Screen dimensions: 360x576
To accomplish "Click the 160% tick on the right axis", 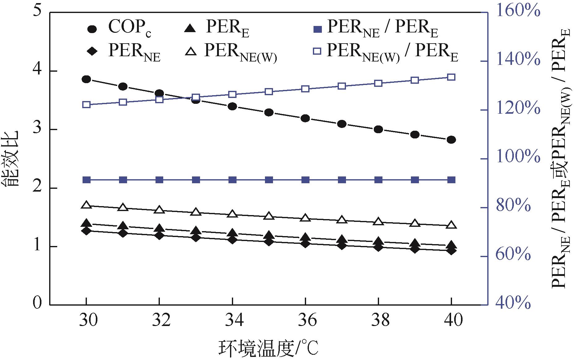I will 518,12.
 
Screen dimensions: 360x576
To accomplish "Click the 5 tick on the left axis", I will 37,12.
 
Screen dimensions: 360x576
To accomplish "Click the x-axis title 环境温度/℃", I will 268,349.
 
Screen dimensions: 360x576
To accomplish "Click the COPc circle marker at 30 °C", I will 86,79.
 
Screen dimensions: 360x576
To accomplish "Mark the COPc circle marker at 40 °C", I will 451,140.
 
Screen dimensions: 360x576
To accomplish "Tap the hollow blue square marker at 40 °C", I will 451,77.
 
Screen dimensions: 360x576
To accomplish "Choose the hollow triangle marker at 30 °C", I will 86,205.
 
